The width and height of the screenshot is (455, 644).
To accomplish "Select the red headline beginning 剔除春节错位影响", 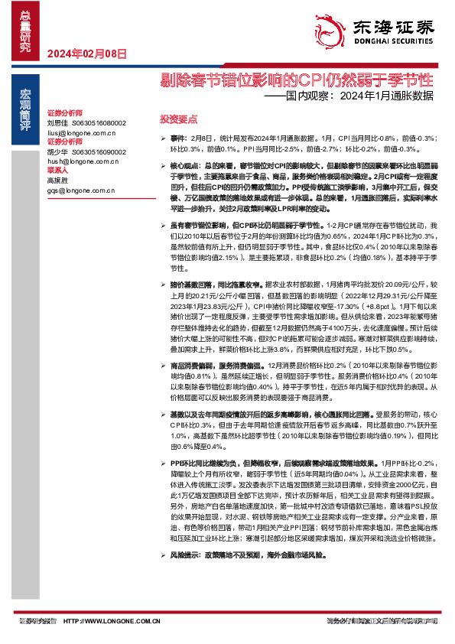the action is click(297, 80).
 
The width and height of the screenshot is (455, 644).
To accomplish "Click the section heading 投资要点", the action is click(178, 120).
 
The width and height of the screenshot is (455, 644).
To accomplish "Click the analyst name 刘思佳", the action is click(57, 122).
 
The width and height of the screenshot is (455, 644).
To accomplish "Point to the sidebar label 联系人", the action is click(58, 171).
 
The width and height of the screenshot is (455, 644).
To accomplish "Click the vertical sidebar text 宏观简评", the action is click(24, 106).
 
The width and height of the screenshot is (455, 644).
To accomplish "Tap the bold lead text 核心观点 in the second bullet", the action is click(184, 165).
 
